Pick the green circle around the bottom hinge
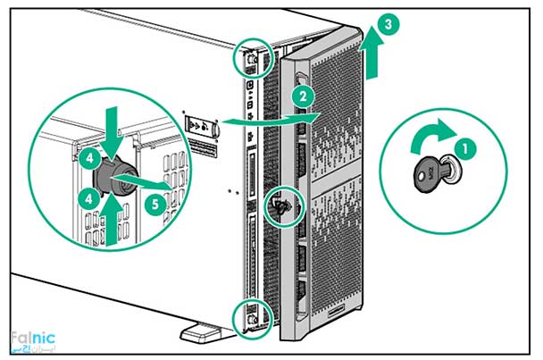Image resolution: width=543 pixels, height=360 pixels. click(245, 314)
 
